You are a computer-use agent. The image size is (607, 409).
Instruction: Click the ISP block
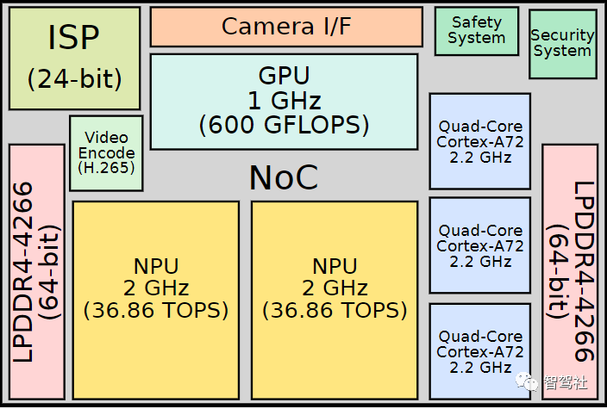(x=74, y=58)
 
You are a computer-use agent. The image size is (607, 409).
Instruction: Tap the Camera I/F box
(x=286, y=27)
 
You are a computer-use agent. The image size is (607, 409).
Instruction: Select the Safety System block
(x=477, y=31)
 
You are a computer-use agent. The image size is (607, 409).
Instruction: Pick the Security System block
(x=562, y=44)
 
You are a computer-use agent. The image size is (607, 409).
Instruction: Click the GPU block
(x=284, y=102)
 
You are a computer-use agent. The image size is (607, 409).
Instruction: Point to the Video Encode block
(x=106, y=153)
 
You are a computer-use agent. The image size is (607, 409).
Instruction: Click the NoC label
(x=284, y=177)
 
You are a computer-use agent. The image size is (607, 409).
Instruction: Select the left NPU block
(x=155, y=300)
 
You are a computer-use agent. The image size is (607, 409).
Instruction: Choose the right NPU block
(x=335, y=300)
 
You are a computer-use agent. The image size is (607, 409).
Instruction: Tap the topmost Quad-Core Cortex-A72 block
(x=479, y=141)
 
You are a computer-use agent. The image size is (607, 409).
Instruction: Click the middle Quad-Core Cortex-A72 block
(x=479, y=245)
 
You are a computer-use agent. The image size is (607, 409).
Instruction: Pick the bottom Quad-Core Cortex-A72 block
(x=479, y=351)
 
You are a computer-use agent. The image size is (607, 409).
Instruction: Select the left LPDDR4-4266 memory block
(x=37, y=272)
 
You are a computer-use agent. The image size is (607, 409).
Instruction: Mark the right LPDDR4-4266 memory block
(x=570, y=272)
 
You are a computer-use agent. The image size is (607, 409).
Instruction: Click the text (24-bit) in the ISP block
(x=74, y=79)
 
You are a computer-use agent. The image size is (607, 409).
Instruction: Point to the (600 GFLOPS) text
(x=284, y=125)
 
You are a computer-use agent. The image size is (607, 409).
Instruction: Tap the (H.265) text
(x=106, y=168)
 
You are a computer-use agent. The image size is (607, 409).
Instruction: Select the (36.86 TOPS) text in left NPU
(x=155, y=310)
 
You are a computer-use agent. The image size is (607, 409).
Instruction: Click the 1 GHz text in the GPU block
(x=284, y=101)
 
